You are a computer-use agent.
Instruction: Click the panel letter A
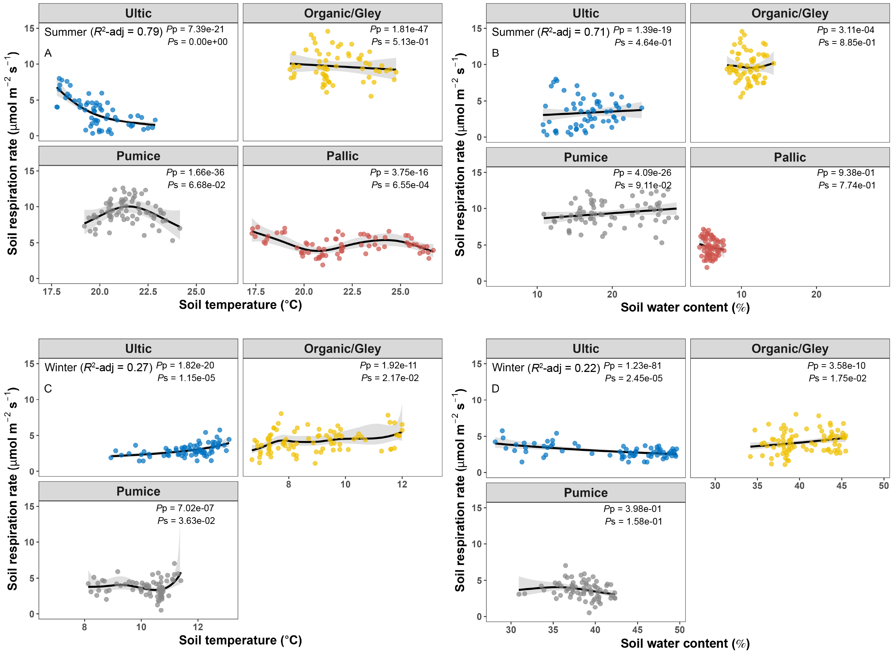point(48,53)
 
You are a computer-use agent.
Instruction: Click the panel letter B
point(495,53)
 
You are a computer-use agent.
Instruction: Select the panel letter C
point(48,388)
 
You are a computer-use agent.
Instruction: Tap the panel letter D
point(495,388)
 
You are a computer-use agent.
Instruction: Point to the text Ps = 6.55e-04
point(400,185)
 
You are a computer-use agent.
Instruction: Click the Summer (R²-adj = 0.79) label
point(103,32)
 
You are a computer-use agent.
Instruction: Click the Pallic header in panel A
point(342,156)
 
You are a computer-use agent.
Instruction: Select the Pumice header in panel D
point(586,493)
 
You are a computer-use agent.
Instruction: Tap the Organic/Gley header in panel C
point(342,349)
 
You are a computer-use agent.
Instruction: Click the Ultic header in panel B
point(586,13)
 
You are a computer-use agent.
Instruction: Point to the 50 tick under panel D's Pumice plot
point(679,630)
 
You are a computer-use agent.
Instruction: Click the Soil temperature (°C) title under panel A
point(240,305)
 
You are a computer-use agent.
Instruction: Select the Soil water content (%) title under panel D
point(685,643)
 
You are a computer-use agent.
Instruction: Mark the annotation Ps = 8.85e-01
point(847,42)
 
